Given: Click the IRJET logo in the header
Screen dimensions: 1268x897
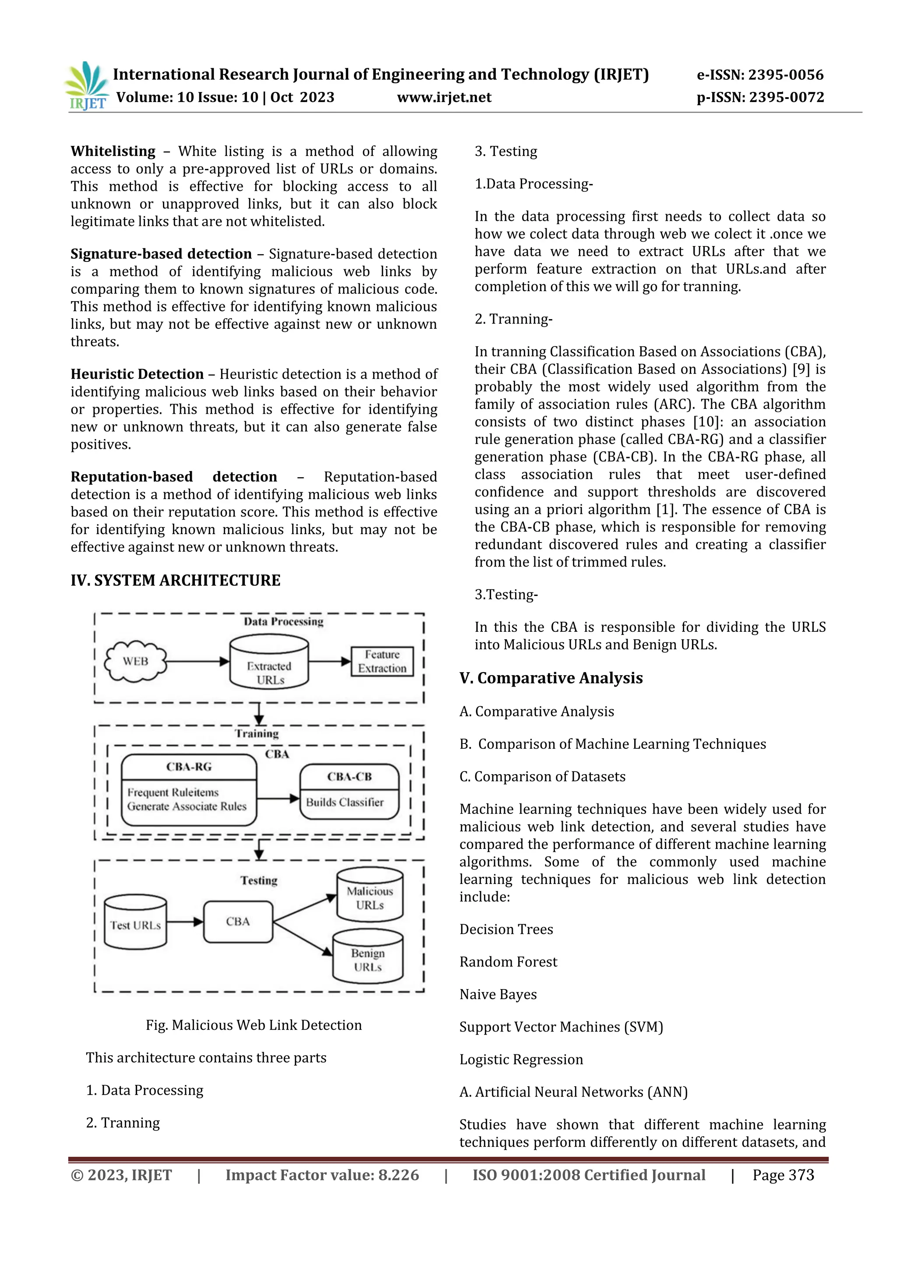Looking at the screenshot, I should click(87, 86).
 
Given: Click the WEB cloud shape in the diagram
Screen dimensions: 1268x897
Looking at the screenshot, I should click(135, 661).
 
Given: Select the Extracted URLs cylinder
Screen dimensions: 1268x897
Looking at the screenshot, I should click(269, 662).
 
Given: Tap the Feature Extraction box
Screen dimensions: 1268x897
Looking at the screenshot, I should click(381, 661).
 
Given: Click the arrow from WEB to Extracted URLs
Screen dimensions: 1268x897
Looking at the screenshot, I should click(197, 661).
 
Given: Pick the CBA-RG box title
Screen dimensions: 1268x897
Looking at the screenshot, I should click(189, 767).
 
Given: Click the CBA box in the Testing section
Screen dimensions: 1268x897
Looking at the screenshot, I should click(238, 921).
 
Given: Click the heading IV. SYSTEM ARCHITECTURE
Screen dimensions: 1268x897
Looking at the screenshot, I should click(175, 581).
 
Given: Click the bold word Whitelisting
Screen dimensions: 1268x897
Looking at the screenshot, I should click(113, 151).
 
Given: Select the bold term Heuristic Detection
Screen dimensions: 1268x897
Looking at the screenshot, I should click(137, 374).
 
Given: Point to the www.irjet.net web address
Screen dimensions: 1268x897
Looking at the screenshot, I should click(444, 97).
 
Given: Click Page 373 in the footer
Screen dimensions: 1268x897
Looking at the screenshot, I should click(783, 1175).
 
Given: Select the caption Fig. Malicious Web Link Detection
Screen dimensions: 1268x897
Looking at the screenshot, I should click(254, 1025).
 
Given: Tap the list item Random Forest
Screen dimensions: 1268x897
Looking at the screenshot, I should click(508, 962).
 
